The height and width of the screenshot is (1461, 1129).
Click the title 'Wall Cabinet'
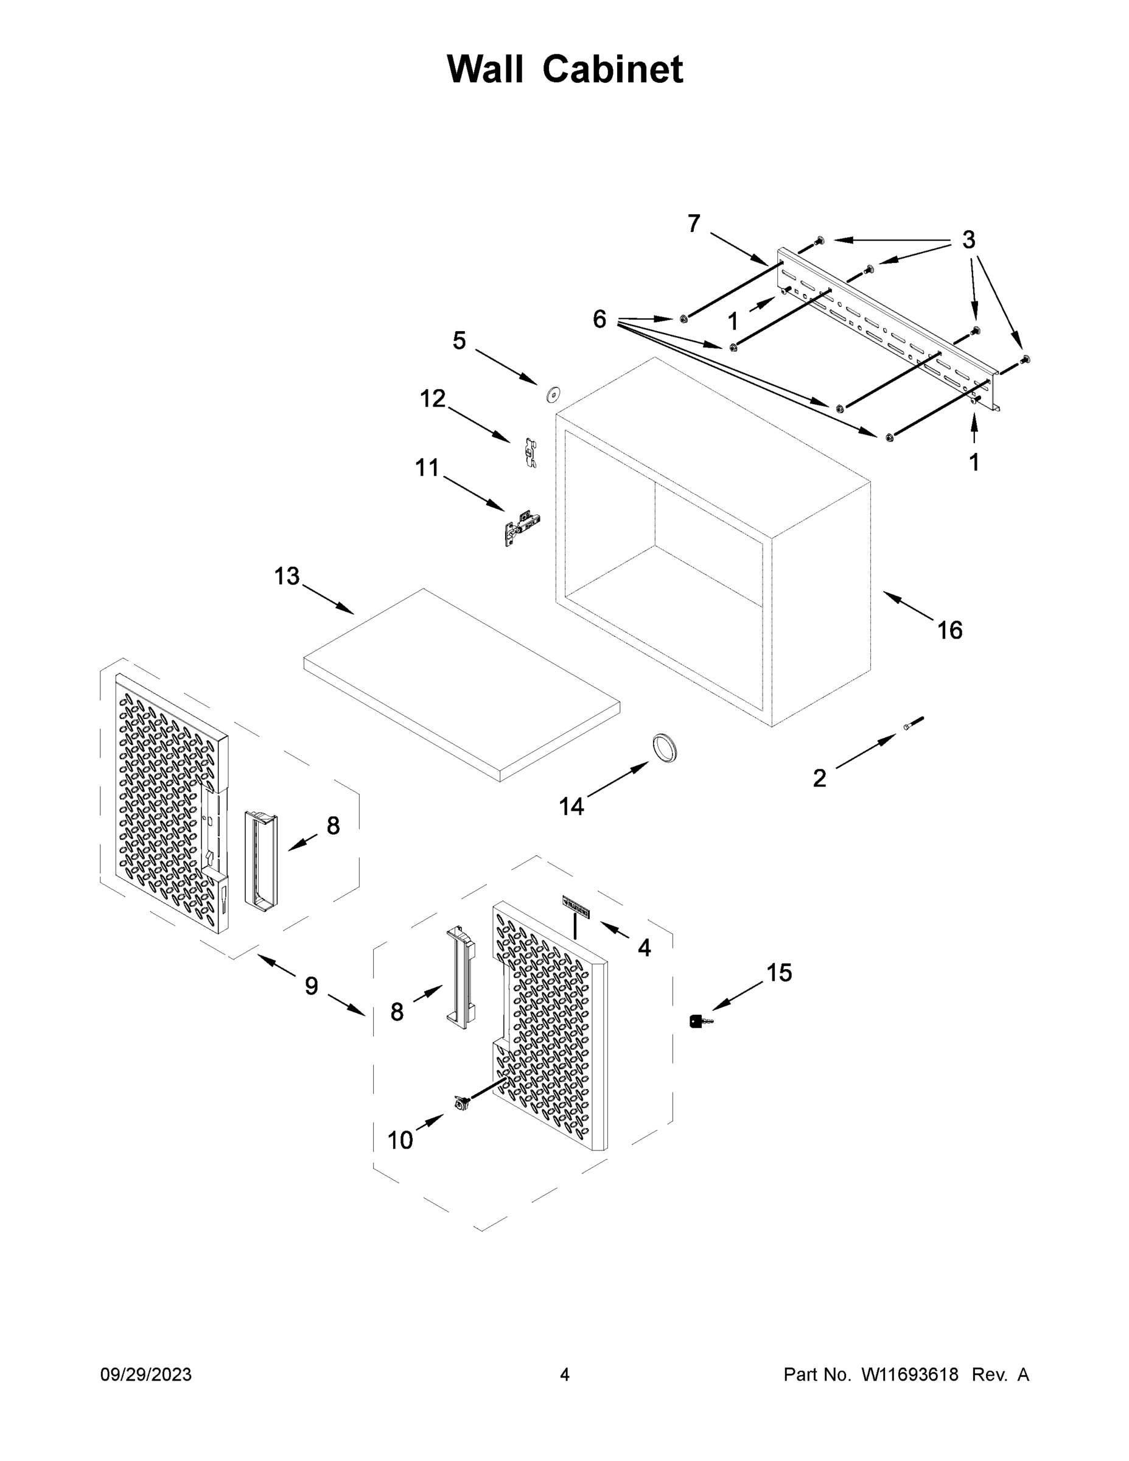click(x=565, y=69)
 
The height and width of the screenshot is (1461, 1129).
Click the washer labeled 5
click(x=553, y=395)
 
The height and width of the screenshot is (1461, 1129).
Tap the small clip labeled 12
click(x=530, y=452)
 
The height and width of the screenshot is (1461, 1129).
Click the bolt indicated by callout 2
click(x=912, y=723)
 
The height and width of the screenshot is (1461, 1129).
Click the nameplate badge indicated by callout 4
click(x=576, y=908)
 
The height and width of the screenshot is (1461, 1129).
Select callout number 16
click(x=949, y=630)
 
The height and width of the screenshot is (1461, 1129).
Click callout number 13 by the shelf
click(x=287, y=576)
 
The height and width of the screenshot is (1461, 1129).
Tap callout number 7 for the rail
click(x=694, y=223)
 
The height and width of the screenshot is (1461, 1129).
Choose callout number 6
click(x=599, y=319)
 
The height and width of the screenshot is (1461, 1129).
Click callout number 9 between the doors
click(x=311, y=986)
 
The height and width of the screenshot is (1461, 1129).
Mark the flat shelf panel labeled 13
click(x=461, y=682)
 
